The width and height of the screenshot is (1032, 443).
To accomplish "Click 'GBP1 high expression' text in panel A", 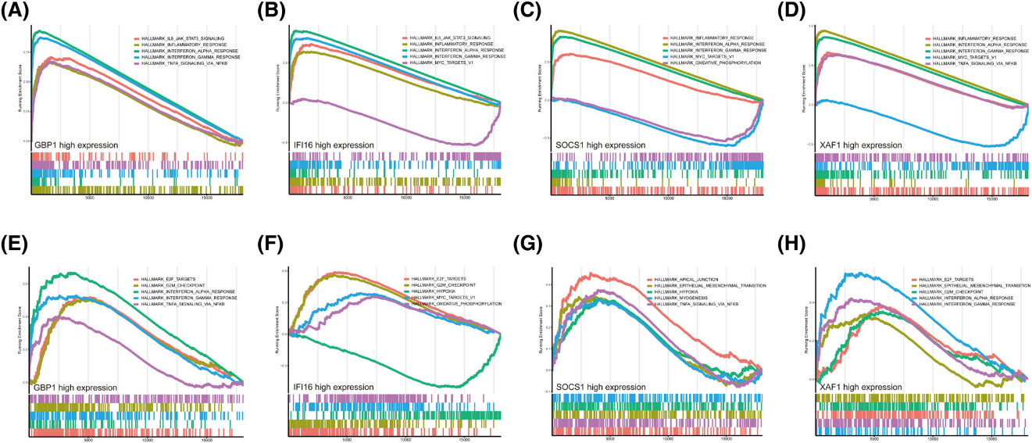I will (x=74, y=145).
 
